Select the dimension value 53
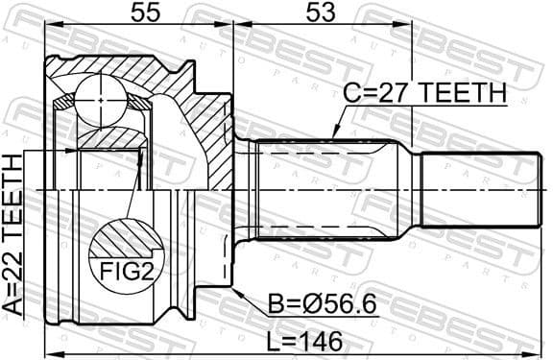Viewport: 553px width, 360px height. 322,13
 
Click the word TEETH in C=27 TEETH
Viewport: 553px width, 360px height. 462,93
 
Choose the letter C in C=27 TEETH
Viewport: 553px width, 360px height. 352,93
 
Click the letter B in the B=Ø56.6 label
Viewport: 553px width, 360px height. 278,306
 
